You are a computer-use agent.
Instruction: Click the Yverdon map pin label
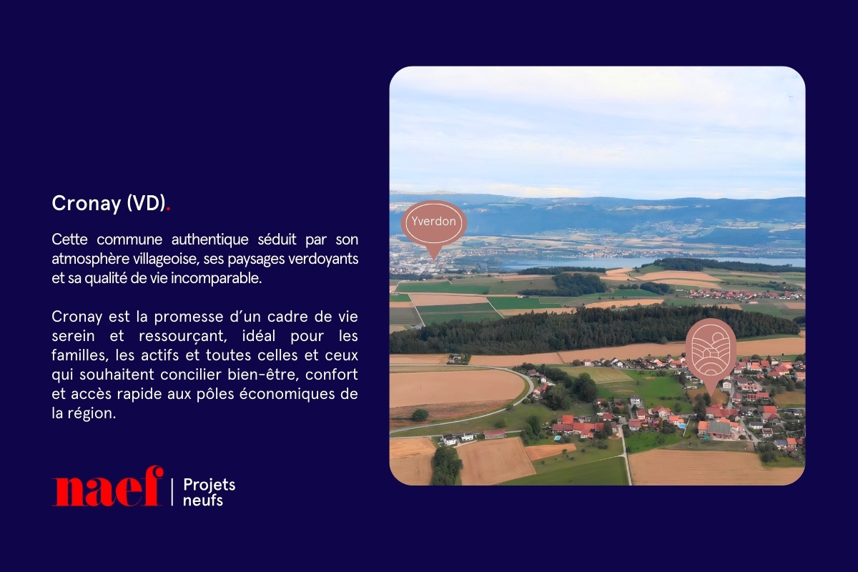(x=433, y=222)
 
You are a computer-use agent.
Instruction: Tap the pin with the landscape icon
(x=711, y=348)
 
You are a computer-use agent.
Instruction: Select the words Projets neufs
(x=209, y=493)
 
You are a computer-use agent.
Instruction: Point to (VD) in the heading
(x=146, y=204)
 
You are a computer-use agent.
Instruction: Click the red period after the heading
(x=169, y=209)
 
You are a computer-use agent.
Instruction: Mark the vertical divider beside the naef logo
(x=172, y=493)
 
